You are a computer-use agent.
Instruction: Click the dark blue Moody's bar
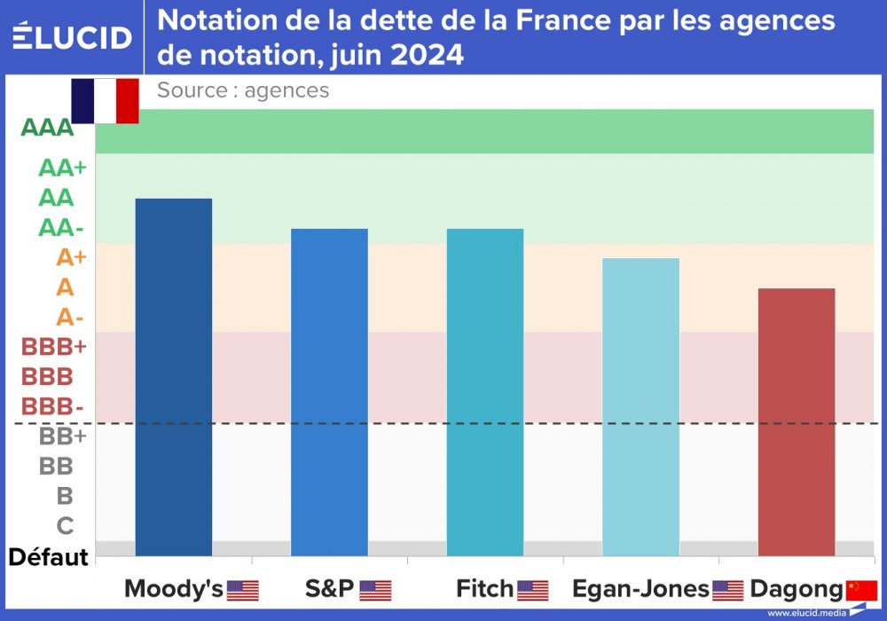(174, 377)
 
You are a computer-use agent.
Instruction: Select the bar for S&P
(329, 392)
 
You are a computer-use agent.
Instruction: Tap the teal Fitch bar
(485, 392)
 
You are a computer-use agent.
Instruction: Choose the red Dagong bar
(797, 421)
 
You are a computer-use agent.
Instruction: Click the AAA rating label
(47, 128)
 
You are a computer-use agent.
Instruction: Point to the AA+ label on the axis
(62, 169)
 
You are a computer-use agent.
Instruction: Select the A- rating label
(70, 317)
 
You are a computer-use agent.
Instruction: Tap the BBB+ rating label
(53, 347)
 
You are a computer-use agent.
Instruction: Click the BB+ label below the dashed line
(62, 436)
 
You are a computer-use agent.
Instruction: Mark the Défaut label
(49, 557)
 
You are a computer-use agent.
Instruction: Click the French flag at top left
(105, 100)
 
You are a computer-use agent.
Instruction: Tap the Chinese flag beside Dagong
(862, 590)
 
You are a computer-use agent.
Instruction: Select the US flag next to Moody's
(243, 590)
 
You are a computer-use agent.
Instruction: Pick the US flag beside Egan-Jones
(728, 590)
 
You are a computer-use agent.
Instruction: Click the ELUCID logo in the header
(72, 37)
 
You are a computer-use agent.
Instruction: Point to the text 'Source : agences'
(243, 90)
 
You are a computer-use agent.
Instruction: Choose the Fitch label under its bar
(484, 589)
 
